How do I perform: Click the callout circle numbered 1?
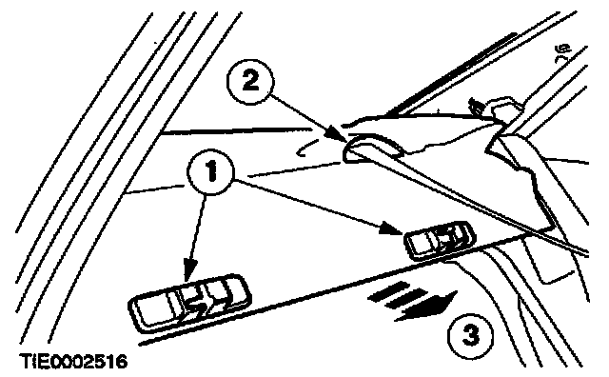[210, 172]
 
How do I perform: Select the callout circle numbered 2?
[250, 82]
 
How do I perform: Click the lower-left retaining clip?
[189, 303]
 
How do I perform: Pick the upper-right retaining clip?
[440, 241]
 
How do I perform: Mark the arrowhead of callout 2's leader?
[335, 133]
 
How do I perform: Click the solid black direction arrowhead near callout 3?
[435, 305]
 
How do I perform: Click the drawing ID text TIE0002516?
[74, 362]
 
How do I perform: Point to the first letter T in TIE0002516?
[27, 362]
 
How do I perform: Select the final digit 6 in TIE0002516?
[122, 362]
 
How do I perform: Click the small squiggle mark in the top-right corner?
[563, 50]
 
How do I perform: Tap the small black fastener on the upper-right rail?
[475, 106]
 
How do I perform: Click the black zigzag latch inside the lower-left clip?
[198, 308]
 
